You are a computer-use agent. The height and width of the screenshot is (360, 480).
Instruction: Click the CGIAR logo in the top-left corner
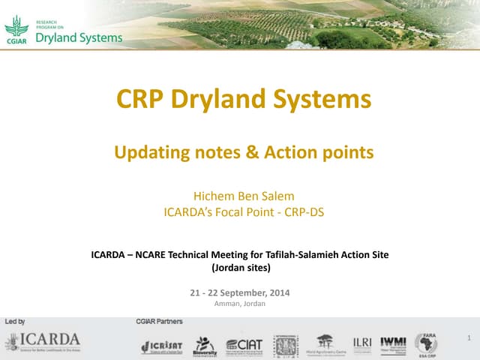pos(16,30)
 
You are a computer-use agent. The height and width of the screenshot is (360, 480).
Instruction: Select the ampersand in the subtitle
pos(250,153)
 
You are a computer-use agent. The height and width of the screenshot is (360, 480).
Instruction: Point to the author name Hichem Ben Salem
pos(244,198)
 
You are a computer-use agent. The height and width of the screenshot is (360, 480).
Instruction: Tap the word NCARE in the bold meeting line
pos(166,254)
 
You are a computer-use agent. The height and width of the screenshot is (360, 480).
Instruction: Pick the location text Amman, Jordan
pos(240,303)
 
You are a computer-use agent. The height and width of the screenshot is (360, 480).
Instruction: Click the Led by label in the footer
pos(16,321)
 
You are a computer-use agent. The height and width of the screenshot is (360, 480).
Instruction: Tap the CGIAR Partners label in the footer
pos(159,321)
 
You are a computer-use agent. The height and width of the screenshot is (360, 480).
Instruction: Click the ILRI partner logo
pos(362,343)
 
